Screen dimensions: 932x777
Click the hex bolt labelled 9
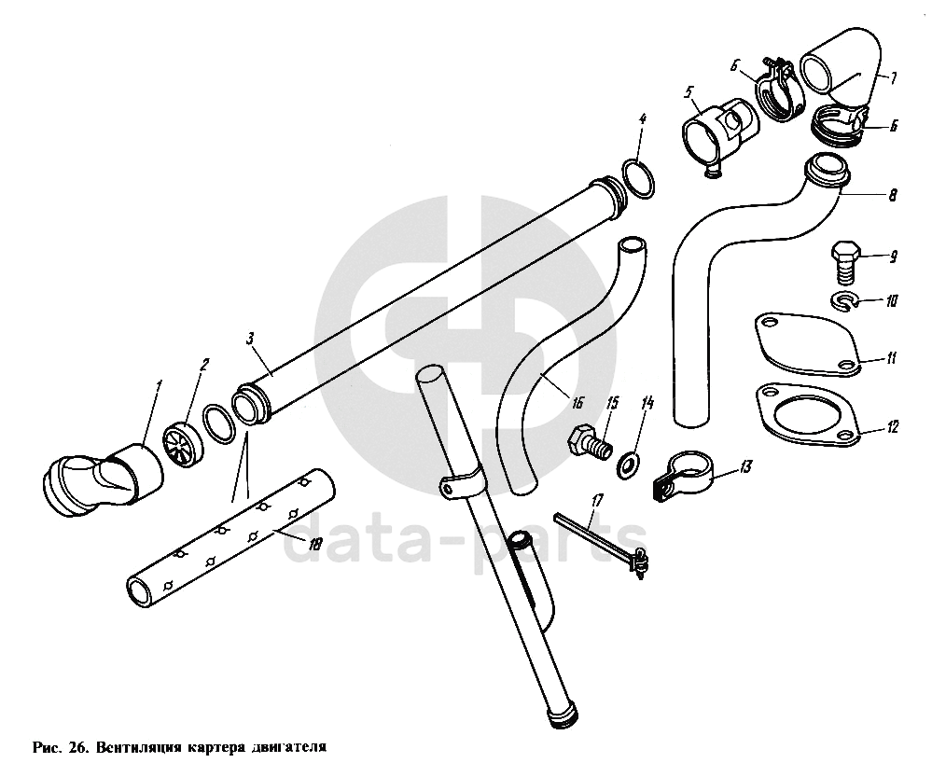(x=844, y=262)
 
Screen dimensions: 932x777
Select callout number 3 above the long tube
(x=250, y=340)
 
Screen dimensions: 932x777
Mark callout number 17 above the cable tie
(x=597, y=501)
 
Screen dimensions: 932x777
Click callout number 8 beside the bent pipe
(x=892, y=194)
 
